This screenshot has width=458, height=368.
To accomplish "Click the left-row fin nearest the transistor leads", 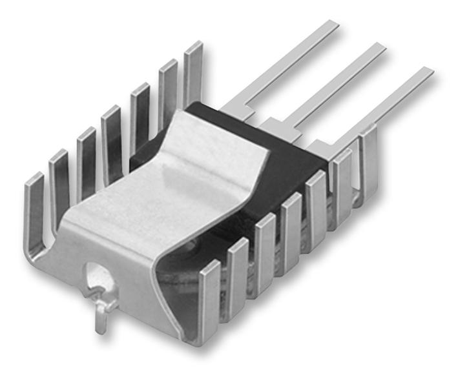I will pos(193,65).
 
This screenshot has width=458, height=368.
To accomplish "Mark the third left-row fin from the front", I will pos(86,155).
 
